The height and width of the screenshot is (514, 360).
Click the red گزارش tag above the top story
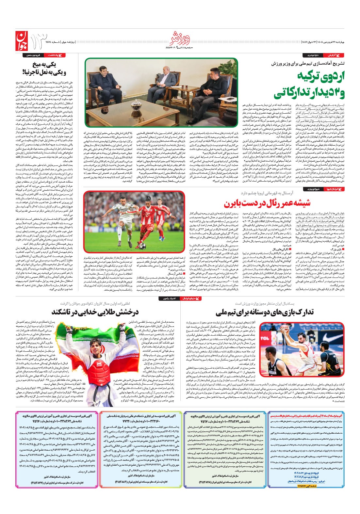click(336, 55)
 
